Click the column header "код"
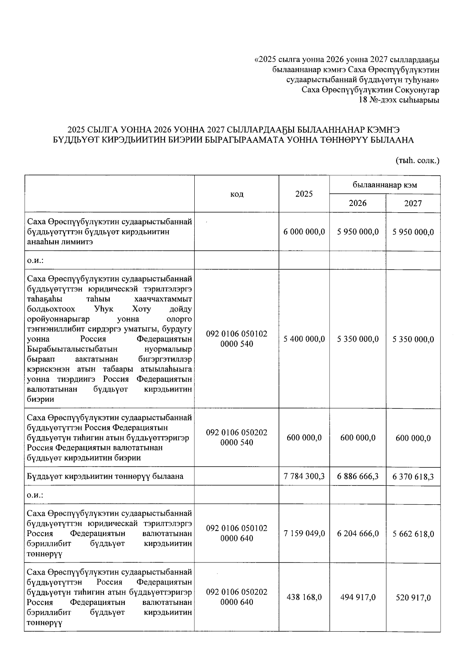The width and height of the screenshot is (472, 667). tap(236, 194)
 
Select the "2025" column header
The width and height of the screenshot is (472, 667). tap(304, 194)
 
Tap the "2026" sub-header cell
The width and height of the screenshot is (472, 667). tap(358, 203)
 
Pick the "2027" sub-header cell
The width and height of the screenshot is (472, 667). tap(413, 203)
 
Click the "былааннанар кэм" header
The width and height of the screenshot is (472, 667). tap(385, 185)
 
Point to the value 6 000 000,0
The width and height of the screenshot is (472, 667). tap(304, 232)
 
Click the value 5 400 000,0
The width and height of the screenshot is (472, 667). tap(304, 339)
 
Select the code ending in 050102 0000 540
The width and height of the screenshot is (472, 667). tap(236, 339)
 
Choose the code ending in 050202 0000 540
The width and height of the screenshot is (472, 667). tap(236, 437)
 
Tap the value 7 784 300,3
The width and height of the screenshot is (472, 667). tap(304, 476)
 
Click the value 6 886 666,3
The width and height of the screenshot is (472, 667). tap(358, 476)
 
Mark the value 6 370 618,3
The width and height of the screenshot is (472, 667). tap(413, 477)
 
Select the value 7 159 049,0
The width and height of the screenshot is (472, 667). tap(304, 533)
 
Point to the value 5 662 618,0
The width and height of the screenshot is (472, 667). tap(413, 534)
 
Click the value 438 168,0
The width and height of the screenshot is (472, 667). tap(304, 597)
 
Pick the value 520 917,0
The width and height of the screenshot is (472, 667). tap(413, 597)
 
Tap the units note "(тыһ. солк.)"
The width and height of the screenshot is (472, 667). tap(417, 160)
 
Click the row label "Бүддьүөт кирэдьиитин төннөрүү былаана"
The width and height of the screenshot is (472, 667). tap(105, 476)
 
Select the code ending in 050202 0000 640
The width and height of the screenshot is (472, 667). tap(236, 597)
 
